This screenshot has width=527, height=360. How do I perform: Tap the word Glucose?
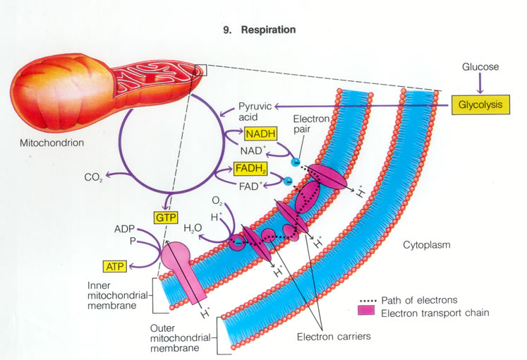[480, 67]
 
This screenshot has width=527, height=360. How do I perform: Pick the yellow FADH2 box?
[251, 170]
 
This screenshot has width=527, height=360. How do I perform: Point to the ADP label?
[124, 230]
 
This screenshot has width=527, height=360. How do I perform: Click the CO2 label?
[94, 178]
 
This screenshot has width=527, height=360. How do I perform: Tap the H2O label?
[193, 229]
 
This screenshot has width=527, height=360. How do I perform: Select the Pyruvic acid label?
[251, 109]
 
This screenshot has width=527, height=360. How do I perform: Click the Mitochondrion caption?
[52, 142]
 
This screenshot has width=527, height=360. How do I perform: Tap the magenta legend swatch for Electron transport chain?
[365, 310]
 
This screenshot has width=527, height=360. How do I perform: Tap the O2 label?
[219, 203]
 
